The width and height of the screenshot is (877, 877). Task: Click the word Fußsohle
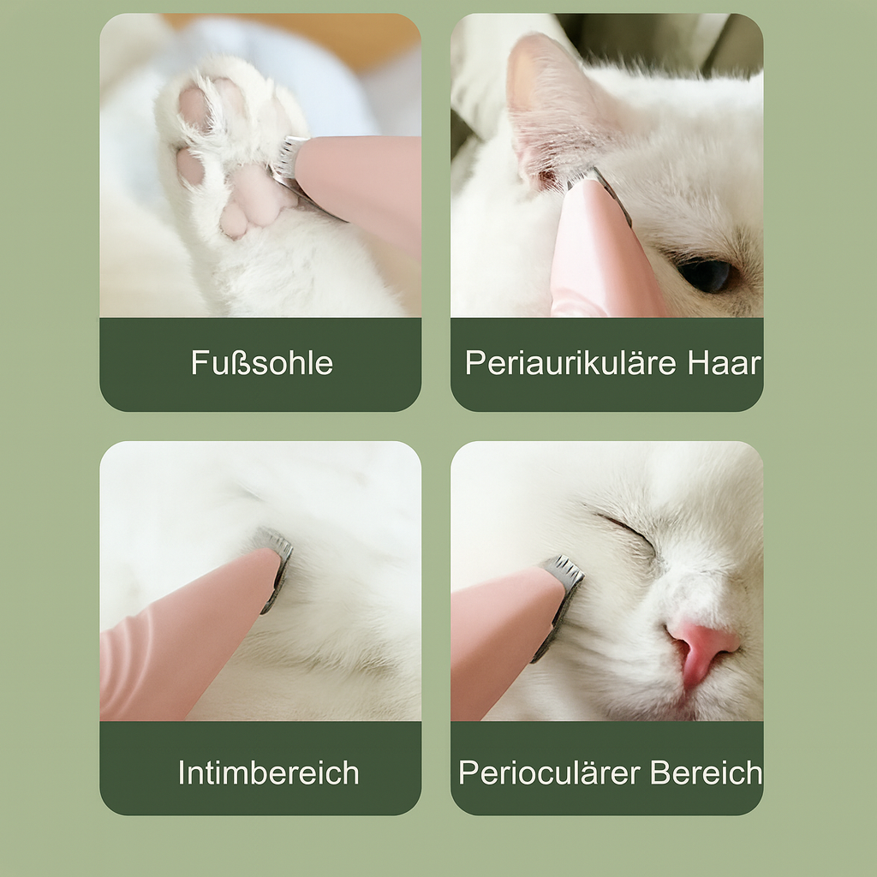tap(261, 363)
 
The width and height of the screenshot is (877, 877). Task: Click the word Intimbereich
tap(268, 773)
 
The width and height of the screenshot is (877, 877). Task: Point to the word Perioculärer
tap(550, 773)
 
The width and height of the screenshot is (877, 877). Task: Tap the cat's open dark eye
tap(706, 274)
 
